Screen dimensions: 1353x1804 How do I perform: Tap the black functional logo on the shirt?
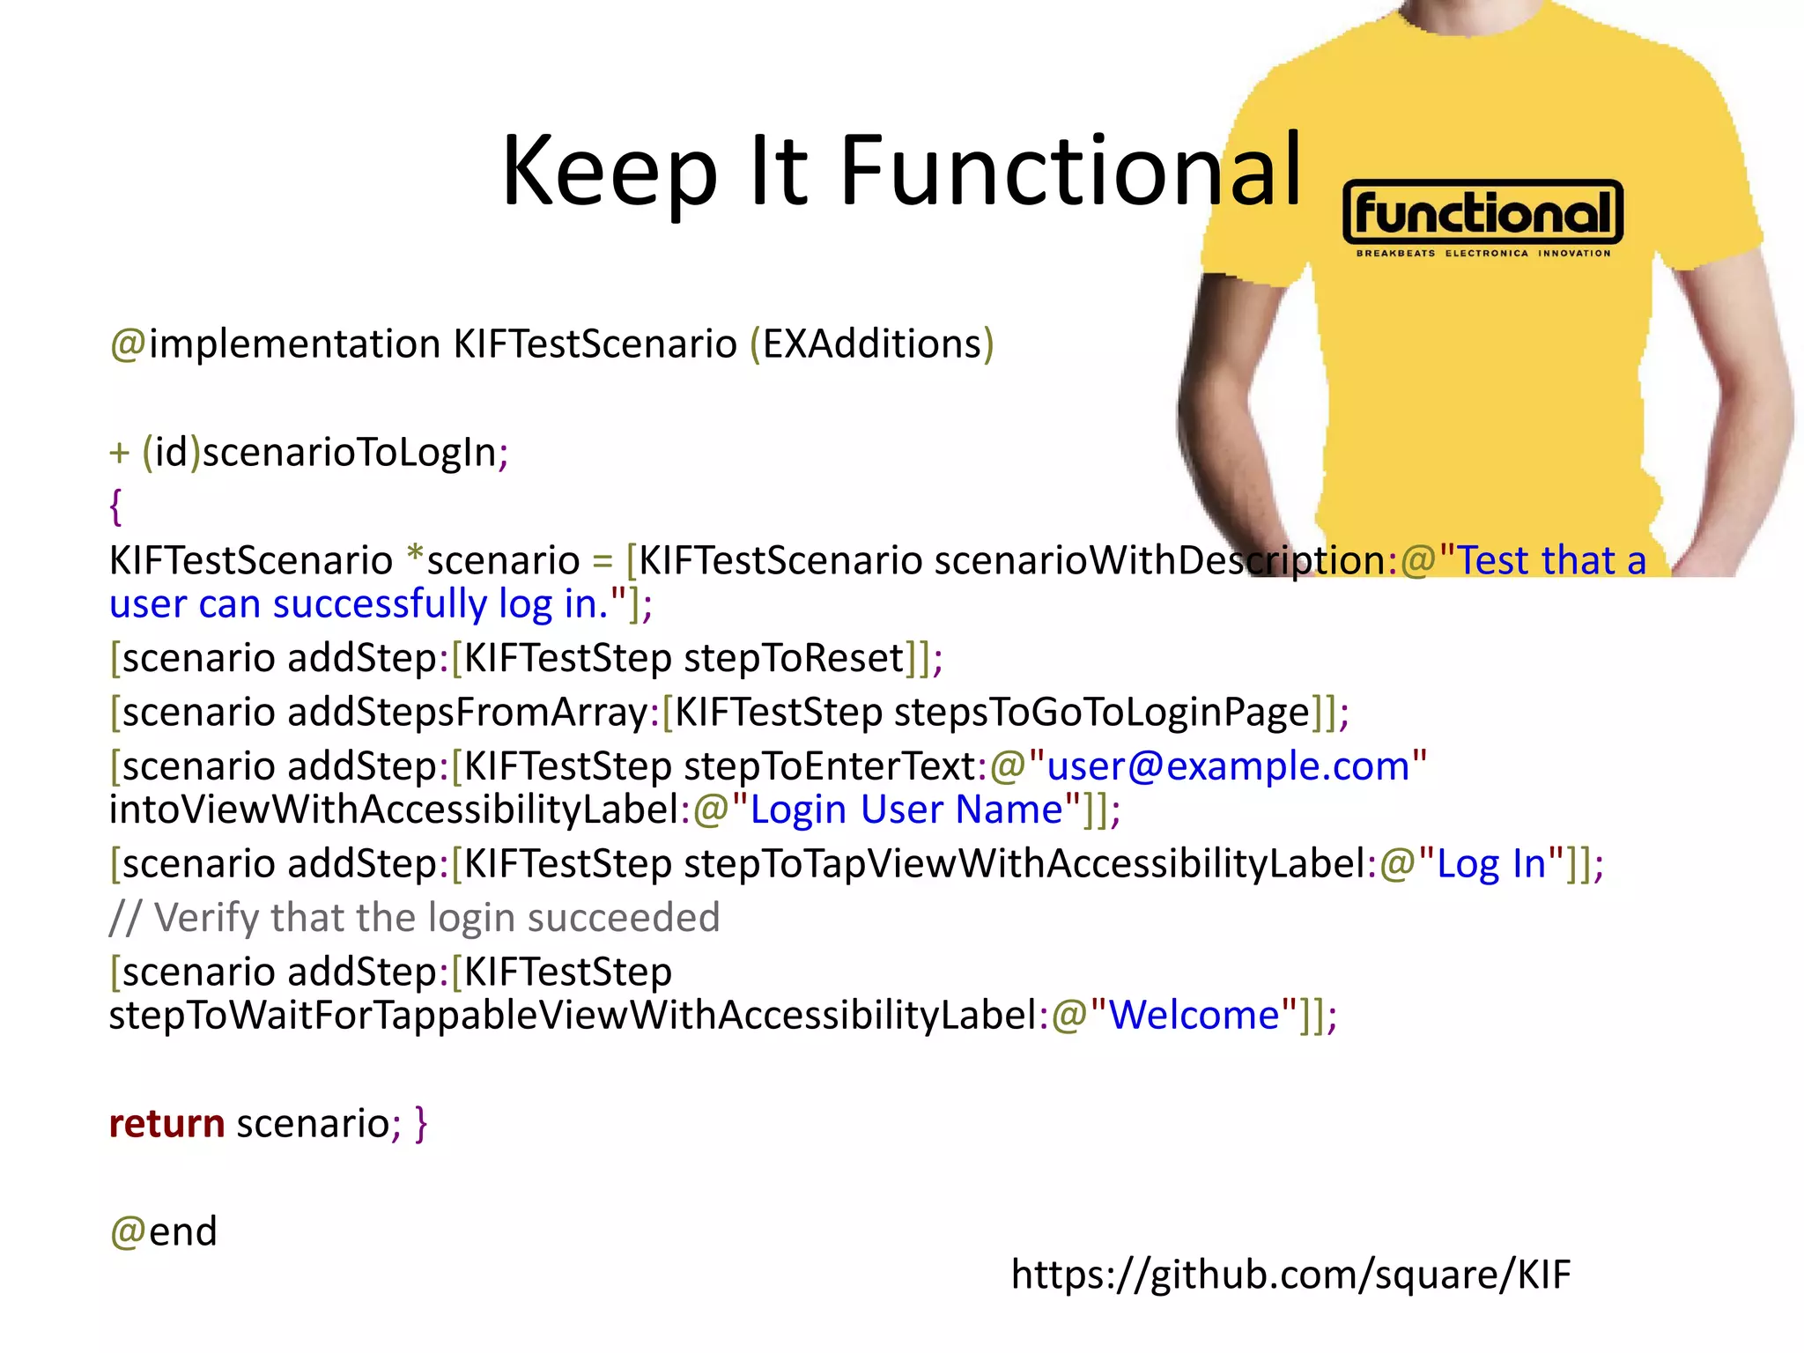(1482, 212)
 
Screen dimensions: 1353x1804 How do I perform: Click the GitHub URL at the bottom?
(1290, 1275)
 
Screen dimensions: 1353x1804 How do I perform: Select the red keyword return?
(166, 1124)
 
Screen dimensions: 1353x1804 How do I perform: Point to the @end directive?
(164, 1231)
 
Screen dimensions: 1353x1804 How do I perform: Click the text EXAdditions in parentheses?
(872, 344)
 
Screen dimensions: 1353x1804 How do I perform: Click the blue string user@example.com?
(1228, 766)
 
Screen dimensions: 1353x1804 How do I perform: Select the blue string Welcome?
(1194, 1016)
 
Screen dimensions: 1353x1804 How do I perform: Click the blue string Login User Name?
(906, 810)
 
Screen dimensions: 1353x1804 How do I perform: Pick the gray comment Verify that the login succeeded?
(415, 918)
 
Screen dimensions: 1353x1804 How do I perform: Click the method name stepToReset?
(794, 659)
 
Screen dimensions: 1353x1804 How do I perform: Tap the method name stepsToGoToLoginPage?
(1102, 713)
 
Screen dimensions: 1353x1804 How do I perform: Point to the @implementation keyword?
(275, 344)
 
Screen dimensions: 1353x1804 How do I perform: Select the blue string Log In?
(1491, 864)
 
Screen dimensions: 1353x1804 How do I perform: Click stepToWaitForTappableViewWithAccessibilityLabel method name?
(573, 1016)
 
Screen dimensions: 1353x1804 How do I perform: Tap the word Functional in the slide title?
(1070, 171)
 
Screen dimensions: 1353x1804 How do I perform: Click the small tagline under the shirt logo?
(1482, 254)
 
